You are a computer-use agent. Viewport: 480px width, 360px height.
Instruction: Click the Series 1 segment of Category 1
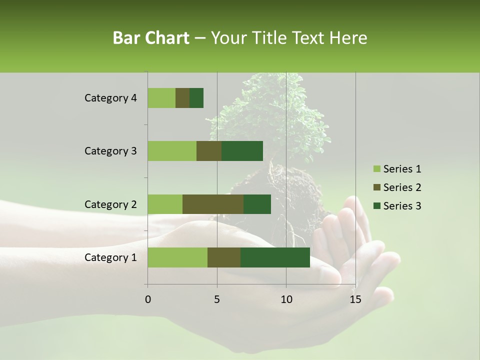click(x=177, y=257)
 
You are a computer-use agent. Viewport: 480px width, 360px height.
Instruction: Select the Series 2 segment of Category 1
click(x=224, y=257)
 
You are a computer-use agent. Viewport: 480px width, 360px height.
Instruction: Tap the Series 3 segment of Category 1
click(x=275, y=257)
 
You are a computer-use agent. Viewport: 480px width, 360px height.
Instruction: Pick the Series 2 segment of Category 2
click(x=213, y=204)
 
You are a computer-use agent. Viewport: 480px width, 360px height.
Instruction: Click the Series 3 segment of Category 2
click(x=257, y=204)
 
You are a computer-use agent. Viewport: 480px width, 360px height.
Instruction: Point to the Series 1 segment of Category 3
click(x=172, y=151)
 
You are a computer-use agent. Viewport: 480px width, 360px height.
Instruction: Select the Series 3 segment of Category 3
click(x=242, y=151)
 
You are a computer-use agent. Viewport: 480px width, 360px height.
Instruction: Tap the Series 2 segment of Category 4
click(x=182, y=98)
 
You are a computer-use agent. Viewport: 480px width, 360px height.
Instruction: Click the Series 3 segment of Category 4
click(x=196, y=98)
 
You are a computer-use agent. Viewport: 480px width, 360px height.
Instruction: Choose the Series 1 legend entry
click(x=397, y=169)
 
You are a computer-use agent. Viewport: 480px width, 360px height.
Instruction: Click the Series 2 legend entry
click(x=397, y=187)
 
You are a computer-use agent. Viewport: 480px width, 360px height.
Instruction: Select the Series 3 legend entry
click(x=397, y=206)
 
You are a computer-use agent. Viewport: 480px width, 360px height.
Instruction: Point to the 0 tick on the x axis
click(x=147, y=299)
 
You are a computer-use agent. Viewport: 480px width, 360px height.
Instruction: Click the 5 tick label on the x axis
click(x=217, y=299)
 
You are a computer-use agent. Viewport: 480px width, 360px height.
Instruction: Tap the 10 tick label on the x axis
click(x=286, y=299)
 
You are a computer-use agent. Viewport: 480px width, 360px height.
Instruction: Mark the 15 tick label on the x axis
click(x=355, y=299)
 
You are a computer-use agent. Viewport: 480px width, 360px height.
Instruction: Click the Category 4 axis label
click(x=110, y=98)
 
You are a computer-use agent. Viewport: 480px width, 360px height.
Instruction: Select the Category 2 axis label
click(x=110, y=204)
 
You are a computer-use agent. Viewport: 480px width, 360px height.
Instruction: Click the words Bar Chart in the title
click(x=151, y=38)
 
